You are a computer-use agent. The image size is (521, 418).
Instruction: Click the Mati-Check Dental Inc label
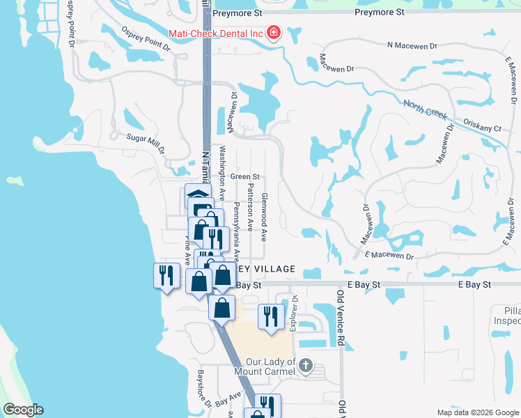pos(215,33)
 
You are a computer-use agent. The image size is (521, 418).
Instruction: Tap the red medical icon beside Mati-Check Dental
pos(273,33)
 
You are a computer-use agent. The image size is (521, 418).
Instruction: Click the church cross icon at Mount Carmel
pos(307,365)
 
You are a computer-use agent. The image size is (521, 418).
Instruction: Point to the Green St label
pos(245,177)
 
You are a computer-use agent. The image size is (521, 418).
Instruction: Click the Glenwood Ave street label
pos(264,217)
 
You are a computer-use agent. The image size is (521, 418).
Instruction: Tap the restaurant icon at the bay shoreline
pos(164,274)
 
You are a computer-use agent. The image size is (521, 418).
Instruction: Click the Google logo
pos(23,410)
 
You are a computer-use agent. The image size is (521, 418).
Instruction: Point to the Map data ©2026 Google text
pos(478,412)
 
